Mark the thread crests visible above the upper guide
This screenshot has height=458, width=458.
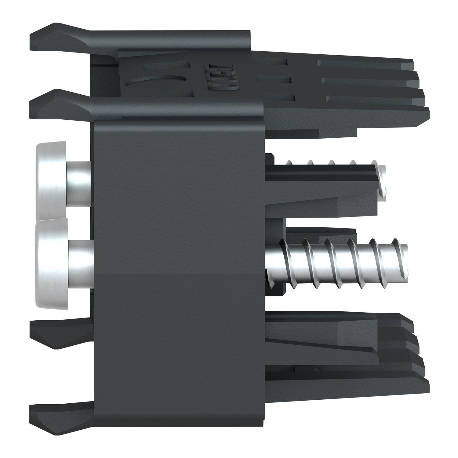tap(330, 162)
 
